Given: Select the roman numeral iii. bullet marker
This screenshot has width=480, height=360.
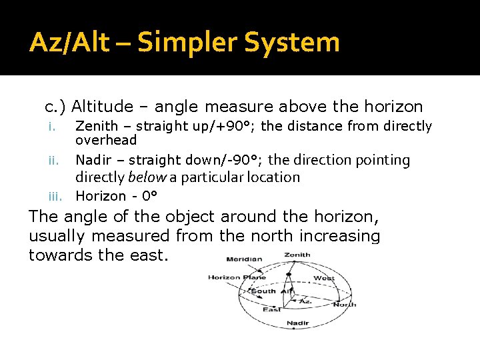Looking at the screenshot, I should pos(55,196).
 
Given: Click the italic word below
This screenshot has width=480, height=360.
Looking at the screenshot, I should pos(147,177).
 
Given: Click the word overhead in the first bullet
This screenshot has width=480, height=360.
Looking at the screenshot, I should pos(106,141).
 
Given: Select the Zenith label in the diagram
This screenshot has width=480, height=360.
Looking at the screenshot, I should pos(297,255).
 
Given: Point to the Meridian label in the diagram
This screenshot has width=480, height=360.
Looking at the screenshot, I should pos(243,259).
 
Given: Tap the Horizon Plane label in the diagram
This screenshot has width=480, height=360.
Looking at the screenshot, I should pos(237,277).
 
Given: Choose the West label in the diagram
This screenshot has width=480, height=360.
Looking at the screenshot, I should pos(324,278).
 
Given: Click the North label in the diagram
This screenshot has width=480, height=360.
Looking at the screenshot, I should pos(344,305).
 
